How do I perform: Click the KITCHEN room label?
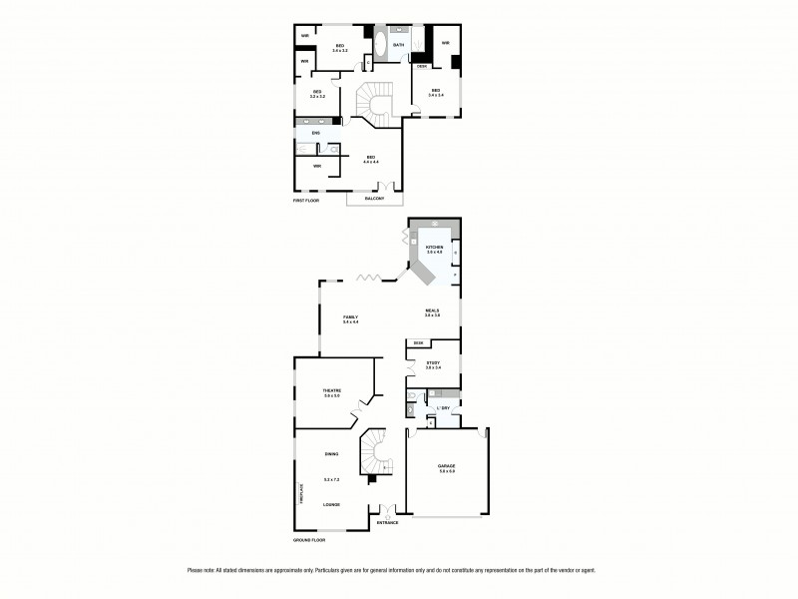pyautogui.click(x=434, y=247)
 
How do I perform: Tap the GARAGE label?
pyautogui.click(x=446, y=466)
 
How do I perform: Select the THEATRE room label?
pyautogui.click(x=332, y=389)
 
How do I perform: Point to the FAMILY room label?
pyautogui.click(x=350, y=316)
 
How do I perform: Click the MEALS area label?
pyautogui.click(x=431, y=310)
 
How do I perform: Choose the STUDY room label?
pyautogui.click(x=433, y=362)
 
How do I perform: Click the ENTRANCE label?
pyautogui.click(x=387, y=522)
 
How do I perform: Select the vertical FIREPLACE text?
pyautogui.click(x=299, y=494)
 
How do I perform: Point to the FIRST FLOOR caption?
pyautogui.click(x=306, y=202)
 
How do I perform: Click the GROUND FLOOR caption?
pyautogui.click(x=309, y=539)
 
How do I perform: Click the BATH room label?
pyautogui.click(x=399, y=45)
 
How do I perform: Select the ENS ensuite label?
pyautogui.click(x=316, y=133)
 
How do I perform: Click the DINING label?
pyautogui.click(x=331, y=454)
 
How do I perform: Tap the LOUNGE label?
pyautogui.click(x=331, y=504)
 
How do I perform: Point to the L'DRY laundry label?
pyautogui.click(x=443, y=408)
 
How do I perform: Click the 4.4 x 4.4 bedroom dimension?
pyautogui.click(x=371, y=162)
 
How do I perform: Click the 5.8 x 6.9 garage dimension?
pyautogui.click(x=446, y=472)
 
